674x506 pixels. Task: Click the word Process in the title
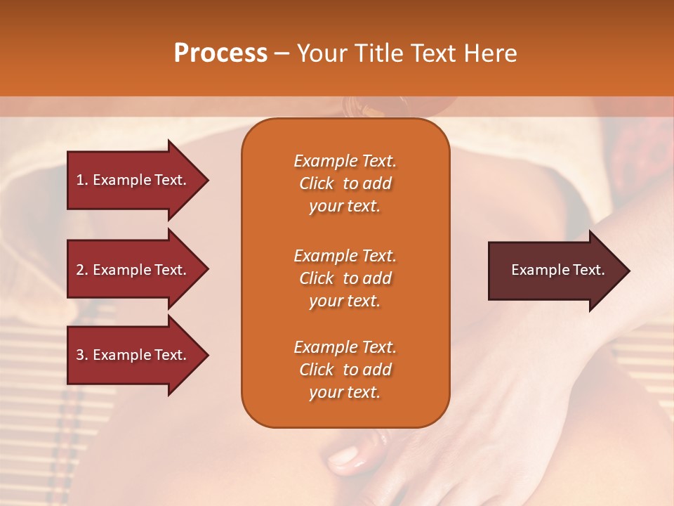[220, 53]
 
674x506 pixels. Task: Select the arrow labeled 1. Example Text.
[133, 180]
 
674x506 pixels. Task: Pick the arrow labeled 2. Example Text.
[133, 270]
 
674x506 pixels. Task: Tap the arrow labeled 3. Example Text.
[133, 355]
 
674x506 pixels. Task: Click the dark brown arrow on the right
[555, 271]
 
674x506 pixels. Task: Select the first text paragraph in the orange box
[345, 183]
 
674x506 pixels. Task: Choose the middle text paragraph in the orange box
[345, 278]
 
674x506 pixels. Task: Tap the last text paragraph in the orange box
[345, 370]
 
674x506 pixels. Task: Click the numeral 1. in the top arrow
[82, 180]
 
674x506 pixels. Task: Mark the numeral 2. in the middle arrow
[82, 270]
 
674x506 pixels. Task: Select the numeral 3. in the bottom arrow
[82, 355]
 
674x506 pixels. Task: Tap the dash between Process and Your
[282, 54]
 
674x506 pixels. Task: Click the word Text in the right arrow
[589, 270]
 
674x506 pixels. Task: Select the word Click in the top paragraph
[317, 183]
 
